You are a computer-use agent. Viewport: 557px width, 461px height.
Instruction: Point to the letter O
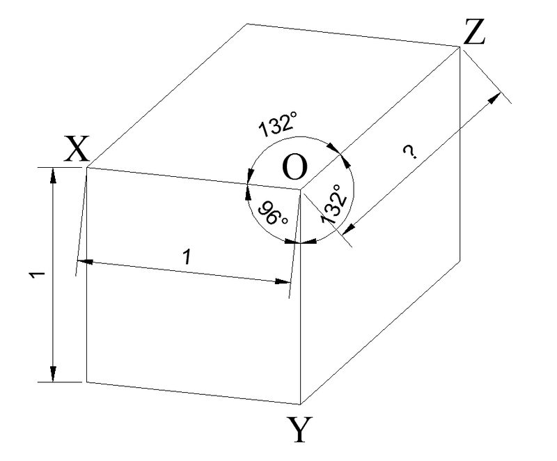(295, 166)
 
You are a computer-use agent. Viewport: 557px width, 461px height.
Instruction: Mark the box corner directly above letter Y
(301, 403)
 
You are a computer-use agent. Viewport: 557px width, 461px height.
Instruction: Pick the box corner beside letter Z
(460, 47)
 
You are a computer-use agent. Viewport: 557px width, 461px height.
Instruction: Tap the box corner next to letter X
(86, 167)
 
